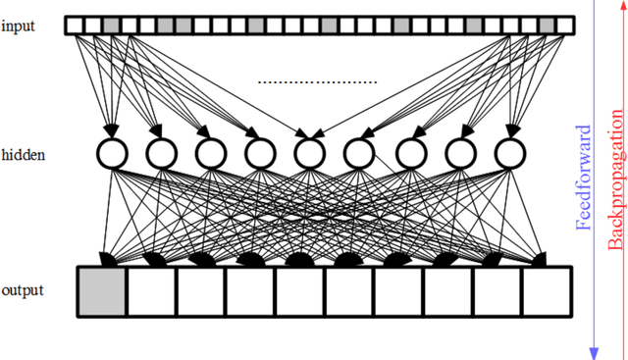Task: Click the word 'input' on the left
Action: pos(19,26)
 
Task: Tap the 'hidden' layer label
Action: pos(23,155)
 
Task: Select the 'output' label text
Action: pos(23,290)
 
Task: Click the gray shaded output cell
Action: pos(102,291)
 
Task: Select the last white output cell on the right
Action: pos(546,291)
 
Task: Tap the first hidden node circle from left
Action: pos(111,153)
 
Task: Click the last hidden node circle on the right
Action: pos(508,153)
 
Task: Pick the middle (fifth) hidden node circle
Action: pos(309,153)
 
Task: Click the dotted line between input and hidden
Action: pos(317,82)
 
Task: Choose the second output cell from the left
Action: pos(151,291)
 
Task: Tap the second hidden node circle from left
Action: pos(160,153)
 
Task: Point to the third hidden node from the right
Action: pos(408,153)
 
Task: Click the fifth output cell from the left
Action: pos(299,291)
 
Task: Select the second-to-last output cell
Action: pos(497,291)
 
